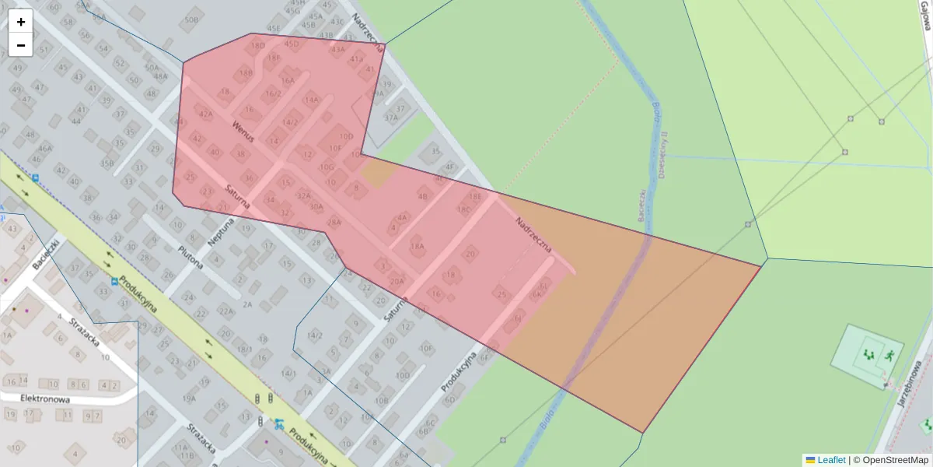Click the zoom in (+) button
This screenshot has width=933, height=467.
tap(21, 22)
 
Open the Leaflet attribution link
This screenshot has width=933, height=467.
tap(831, 460)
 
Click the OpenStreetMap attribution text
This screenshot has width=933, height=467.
tap(895, 460)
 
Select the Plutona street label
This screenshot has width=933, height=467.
tap(190, 258)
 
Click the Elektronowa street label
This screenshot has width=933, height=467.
tap(45, 399)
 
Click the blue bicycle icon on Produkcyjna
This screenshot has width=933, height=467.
tap(278, 424)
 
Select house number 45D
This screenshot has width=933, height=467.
tap(292, 44)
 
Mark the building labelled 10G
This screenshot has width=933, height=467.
tap(327, 167)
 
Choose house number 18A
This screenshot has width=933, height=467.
tap(417, 246)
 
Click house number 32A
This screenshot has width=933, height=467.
tap(303, 196)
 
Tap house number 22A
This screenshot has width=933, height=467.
tap(225, 311)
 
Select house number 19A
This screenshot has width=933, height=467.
tap(189, 399)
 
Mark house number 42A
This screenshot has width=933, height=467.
tap(205, 114)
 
